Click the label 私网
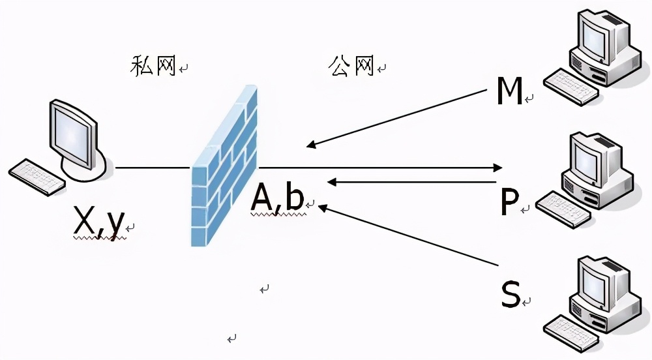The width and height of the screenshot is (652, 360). click(154, 66)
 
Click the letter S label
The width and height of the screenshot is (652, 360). click(510, 295)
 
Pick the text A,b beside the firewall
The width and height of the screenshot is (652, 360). click(278, 199)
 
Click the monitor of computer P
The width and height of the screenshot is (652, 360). click(594, 157)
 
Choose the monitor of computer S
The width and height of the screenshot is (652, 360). click(596, 280)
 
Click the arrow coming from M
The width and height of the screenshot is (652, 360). click(398, 118)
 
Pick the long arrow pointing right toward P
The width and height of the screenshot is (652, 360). click(378, 168)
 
